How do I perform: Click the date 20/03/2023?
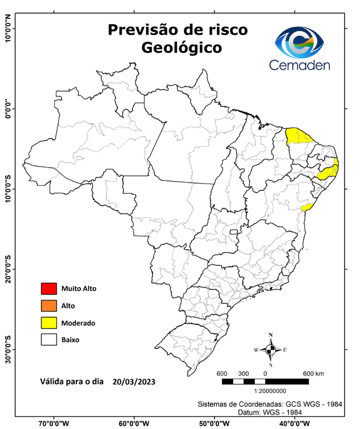pos(133,382)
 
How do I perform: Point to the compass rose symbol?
pos(271,350)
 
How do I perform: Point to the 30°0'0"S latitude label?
pos(8,349)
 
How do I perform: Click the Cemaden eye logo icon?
pos(303,42)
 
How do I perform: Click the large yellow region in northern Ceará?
pos(299,136)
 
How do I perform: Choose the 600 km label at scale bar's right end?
pos(313,373)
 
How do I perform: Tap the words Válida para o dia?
pos(71,382)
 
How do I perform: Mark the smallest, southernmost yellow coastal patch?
pos(306,207)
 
